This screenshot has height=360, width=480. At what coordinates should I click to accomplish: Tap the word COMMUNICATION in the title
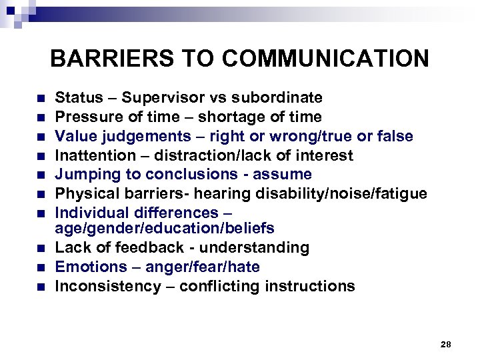[326, 59]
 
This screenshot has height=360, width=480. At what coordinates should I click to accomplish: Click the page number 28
[446, 344]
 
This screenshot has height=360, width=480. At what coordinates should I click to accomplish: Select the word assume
[287, 175]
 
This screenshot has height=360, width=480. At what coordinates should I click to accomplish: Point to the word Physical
[83, 194]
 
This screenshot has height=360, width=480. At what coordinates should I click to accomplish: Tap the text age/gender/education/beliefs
[165, 228]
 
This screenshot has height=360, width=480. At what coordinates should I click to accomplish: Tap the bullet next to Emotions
[41, 268]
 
